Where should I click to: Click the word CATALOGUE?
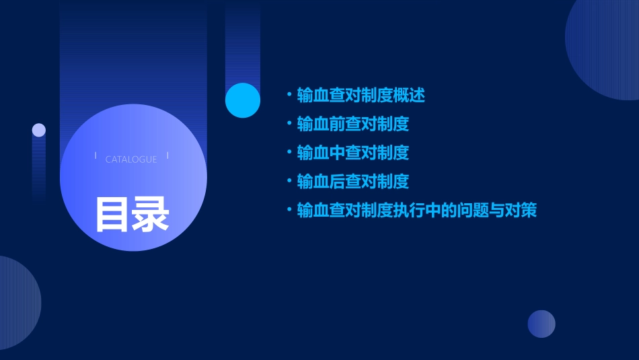(131, 159)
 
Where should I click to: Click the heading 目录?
(132, 214)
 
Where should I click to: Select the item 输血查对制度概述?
(361, 95)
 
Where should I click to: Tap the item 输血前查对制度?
(352, 124)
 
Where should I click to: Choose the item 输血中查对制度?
(352, 153)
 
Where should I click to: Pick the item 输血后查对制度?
(352, 182)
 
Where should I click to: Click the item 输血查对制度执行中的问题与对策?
(416, 211)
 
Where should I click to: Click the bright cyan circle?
(243, 100)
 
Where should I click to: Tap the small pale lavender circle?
(39, 130)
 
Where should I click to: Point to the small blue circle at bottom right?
(541, 324)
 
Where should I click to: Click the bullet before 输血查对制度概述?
(289, 95)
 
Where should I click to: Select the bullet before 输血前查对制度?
(289, 124)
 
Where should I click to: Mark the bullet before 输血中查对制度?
(289, 153)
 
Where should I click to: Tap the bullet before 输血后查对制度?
(289, 182)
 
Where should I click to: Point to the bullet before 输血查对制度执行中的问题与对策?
(289, 211)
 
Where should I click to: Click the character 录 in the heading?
(151, 214)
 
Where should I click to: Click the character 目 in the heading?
(112, 214)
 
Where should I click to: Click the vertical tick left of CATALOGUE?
(96, 156)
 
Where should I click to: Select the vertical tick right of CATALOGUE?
(167, 156)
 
